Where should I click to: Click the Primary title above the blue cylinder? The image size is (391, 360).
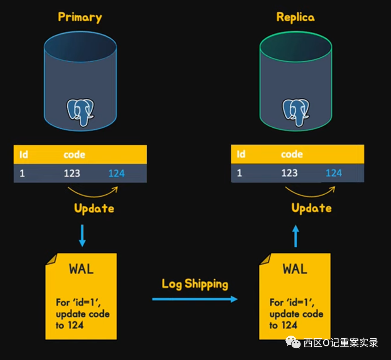[80, 17]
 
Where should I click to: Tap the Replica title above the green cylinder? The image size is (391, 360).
[295, 17]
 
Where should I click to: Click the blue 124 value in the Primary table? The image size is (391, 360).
[116, 173]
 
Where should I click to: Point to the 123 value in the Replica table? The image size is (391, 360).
[289, 173]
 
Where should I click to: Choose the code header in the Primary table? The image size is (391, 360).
[74, 154]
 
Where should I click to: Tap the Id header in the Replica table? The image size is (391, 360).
[241, 154]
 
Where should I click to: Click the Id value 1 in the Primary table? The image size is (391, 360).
[22, 173]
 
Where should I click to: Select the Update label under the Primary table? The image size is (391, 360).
[94, 209]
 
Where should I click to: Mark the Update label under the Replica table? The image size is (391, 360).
[311, 208]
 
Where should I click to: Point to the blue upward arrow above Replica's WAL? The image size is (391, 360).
[295, 236]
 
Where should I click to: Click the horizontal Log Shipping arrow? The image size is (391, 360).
[195, 299]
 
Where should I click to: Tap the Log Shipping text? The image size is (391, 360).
[195, 284]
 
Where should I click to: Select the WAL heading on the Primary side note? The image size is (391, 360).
[81, 269]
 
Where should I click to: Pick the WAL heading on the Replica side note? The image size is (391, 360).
[295, 269]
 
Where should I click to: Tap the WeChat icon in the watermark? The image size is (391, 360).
[293, 342]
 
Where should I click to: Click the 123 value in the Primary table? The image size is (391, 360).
[72, 173]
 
